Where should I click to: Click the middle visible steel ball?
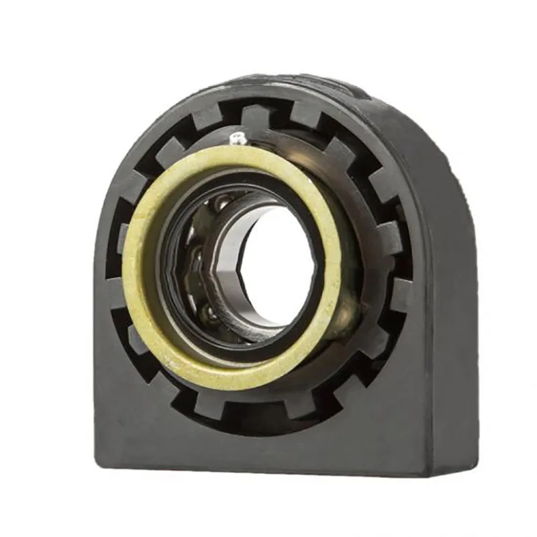[195, 258]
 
